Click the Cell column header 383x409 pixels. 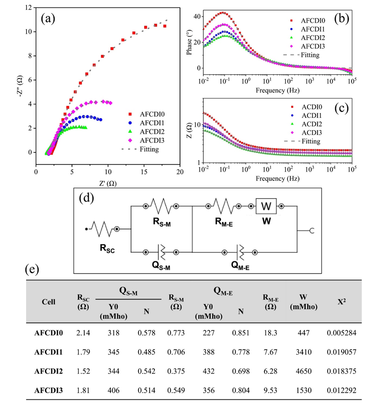[x=48, y=301]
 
